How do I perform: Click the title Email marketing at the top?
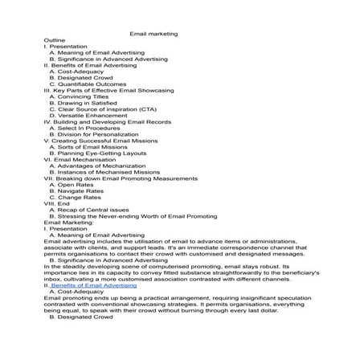pos(153,33)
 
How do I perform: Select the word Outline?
pos(55,39)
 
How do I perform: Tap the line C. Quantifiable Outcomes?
pos(88,84)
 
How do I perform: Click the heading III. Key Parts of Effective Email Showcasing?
pos(108,91)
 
